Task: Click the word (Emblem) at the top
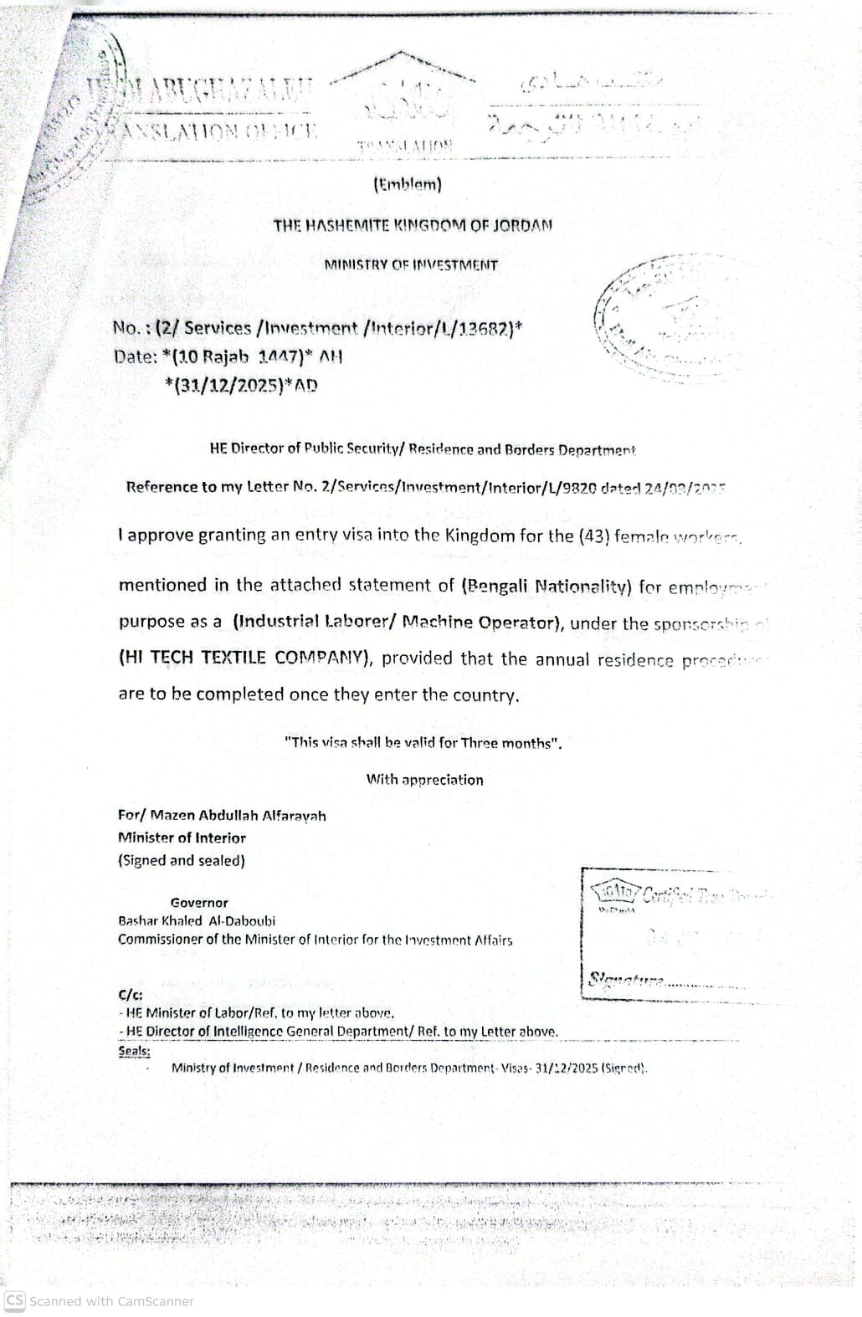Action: (407, 185)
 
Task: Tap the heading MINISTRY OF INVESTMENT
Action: (411, 265)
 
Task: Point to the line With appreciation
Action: (424, 780)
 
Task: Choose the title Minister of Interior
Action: (182, 838)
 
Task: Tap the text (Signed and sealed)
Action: (181, 860)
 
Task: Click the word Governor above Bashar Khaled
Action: (198, 903)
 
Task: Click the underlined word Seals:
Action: (134, 1050)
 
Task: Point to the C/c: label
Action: (130, 995)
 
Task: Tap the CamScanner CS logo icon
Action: (14, 1301)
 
